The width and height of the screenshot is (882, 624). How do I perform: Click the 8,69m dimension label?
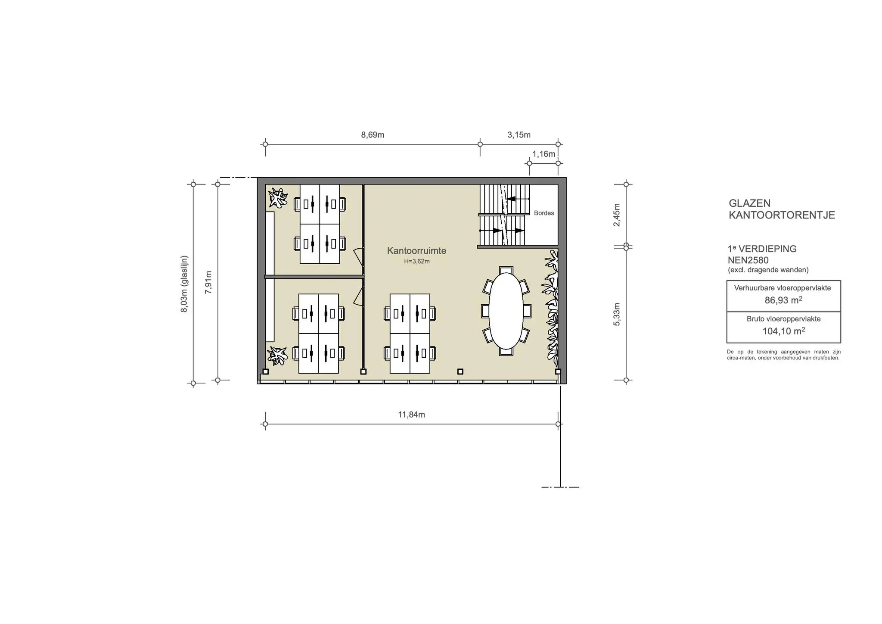pyautogui.click(x=373, y=135)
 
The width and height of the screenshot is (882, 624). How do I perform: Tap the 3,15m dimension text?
pyautogui.click(x=519, y=135)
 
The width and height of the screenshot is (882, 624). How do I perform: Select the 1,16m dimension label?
pyautogui.click(x=543, y=154)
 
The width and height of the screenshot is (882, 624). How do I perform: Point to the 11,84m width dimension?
pyautogui.click(x=411, y=415)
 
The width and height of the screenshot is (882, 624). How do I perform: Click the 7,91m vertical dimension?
pyautogui.click(x=208, y=282)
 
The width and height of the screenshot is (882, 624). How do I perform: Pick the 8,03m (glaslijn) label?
pyautogui.click(x=184, y=284)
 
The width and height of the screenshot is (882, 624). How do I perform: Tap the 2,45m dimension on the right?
pyautogui.click(x=617, y=215)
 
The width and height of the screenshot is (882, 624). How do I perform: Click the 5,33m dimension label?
pyautogui.click(x=617, y=314)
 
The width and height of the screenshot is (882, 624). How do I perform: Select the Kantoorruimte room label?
pyautogui.click(x=416, y=250)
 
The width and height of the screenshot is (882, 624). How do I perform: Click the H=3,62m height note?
pyautogui.click(x=416, y=261)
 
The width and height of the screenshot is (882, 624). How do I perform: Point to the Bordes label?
pyautogui.click(x=544, y=213)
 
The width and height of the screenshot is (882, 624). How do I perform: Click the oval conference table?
pyautogui.click(x=506, y=311)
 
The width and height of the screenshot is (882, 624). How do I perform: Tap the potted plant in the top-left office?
pyautogui.click(x=278, y=198)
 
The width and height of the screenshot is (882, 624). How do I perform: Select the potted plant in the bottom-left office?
pyautogui.click(x=277, y=356)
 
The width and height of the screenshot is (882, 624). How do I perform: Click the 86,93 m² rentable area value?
pyautogui.click(x=783, y=300)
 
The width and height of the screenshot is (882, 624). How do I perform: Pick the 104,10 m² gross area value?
pyautogui.click(x=784, y=331)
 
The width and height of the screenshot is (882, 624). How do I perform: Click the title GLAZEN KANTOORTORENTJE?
pyautogui.click(x=782, y=209)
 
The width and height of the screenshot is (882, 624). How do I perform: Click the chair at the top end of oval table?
pyautogui.click(x=506, y=270)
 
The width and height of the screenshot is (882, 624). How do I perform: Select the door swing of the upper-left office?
pyautogui.click(x=358, y=255)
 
